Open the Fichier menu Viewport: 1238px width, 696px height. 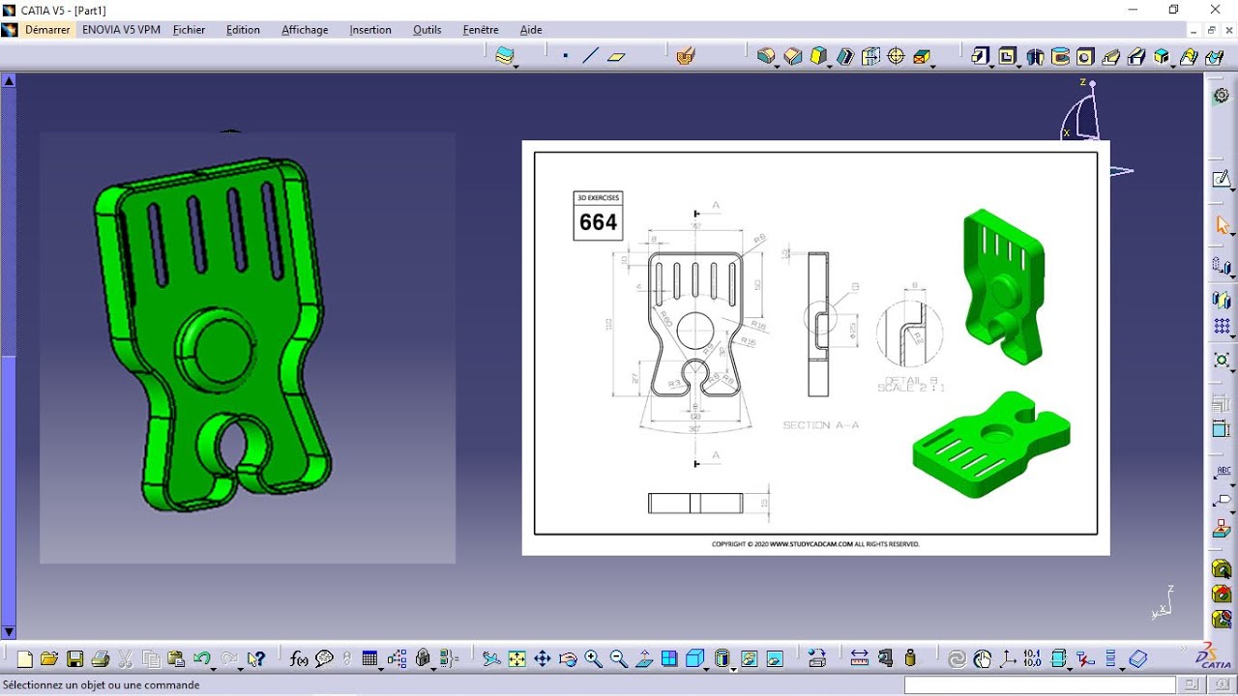pyautogui.click(x=189, y=30)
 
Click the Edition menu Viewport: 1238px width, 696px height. pyautogui.click(x=243, y=30)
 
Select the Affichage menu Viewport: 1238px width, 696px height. pyautogui.click(x=305, y=30)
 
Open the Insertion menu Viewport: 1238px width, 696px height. pyautogui.click(x=370, y=30)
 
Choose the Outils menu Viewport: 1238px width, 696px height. pyautogui.click(x=427, y=30)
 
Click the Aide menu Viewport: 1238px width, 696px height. pyautogui.click(x=531, y=30)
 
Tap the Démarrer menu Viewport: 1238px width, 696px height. pyautogui.click(x=47, y=30)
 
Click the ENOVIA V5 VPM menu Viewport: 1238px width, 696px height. pyautogui.click(x=121, y=30)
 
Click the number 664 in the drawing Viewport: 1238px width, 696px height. pyautogui.click(x=598, y=223)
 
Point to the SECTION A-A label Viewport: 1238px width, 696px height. pyautogui.click(x=820, y=425)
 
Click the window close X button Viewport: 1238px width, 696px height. pyautogui.click(x=1216, y=10)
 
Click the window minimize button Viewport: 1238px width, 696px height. pyautogui.click(x=1133, y=10)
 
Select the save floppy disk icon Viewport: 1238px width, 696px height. pyautogui.click(x=74, y=659)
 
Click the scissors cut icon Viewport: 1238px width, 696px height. pyautogui.click(x=126, y=659)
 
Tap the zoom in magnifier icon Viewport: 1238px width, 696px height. pyautogui.click(x=593, y=659)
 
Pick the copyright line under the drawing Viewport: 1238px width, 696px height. pyautogui.click(x=815, y=544)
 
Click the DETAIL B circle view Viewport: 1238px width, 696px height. pyautogui.click(x=909, y=333)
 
